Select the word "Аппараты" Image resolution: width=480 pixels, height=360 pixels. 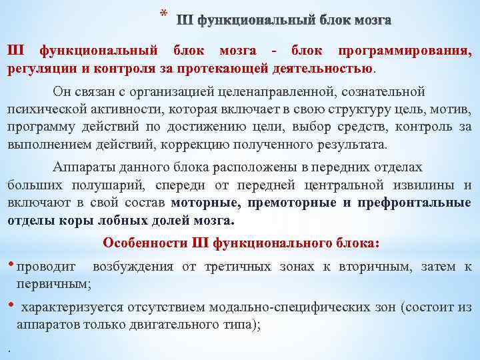(x=85, y=168)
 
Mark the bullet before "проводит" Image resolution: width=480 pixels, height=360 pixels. (x=10, y=265)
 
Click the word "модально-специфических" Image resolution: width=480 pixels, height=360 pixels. (x=302, y=307)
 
